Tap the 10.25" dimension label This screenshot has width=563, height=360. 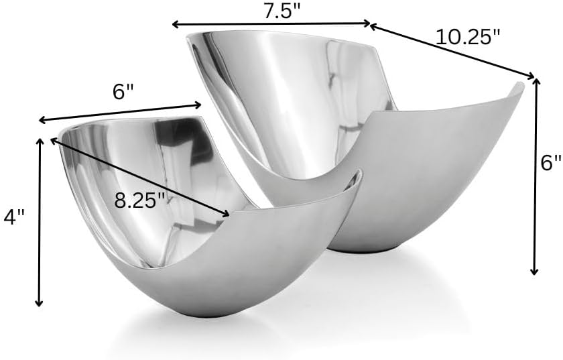coord(468,37)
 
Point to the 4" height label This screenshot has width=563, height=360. coord(13,217)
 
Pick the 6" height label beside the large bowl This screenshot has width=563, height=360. coord(551,162)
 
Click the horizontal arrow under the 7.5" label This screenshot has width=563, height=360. coord(271,23)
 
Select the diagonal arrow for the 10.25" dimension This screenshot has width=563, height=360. coord(452,51)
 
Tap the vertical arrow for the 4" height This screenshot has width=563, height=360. coord(40,221)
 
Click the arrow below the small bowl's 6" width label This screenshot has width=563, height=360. coord(120,112)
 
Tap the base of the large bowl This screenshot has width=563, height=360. coord(365,249)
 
